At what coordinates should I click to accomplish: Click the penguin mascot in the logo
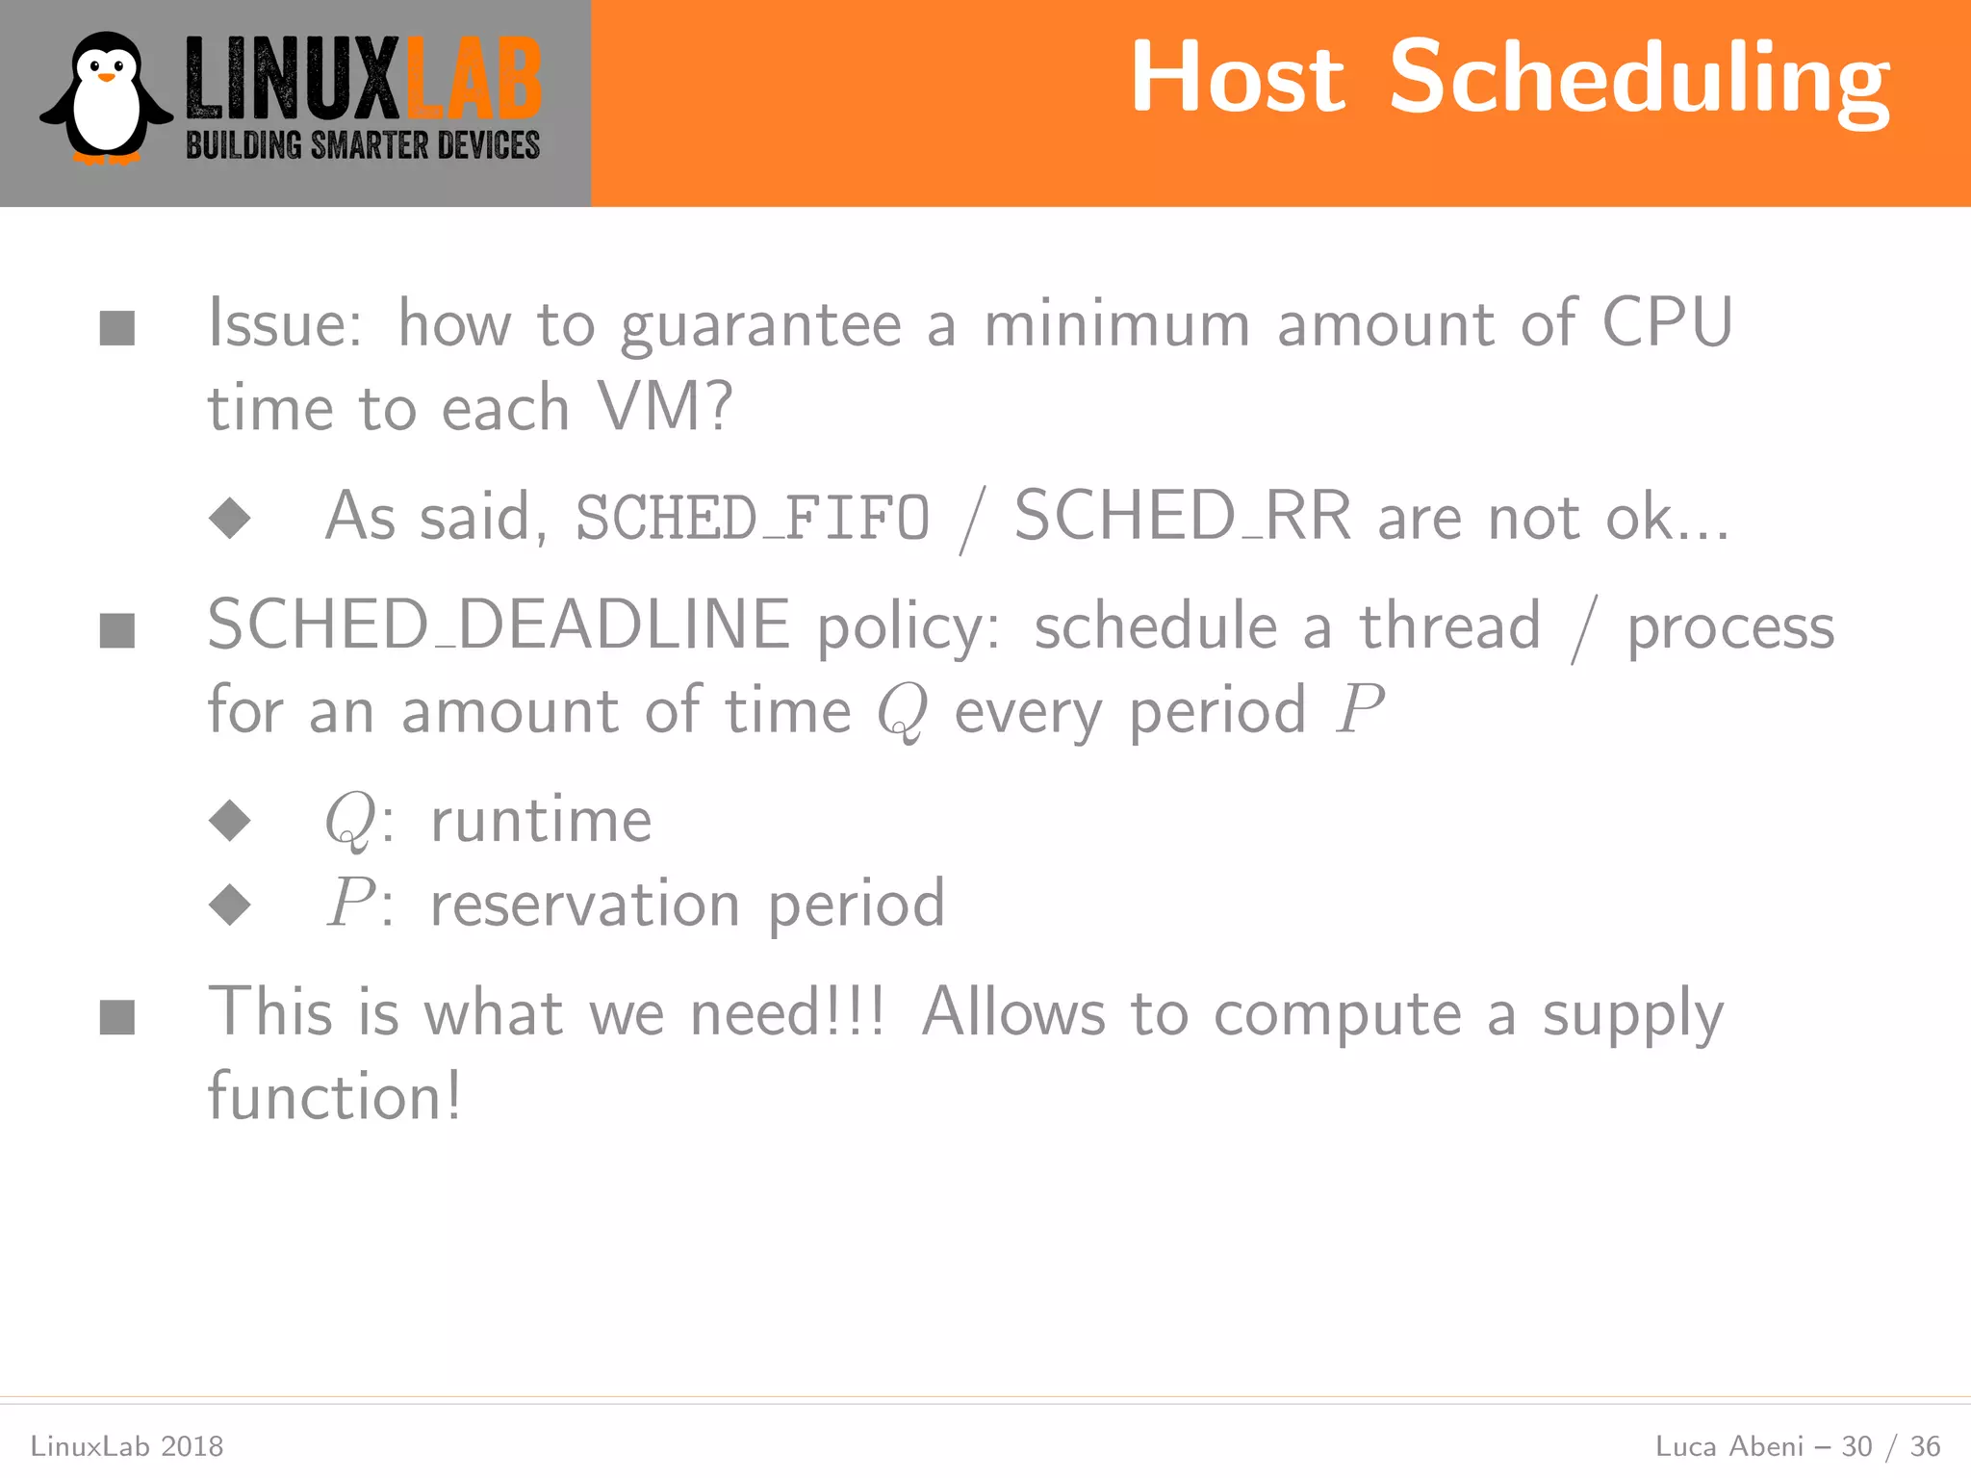106,98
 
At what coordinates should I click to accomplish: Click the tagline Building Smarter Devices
362,145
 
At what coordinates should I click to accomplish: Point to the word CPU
1667,322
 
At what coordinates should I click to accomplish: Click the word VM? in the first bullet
664,407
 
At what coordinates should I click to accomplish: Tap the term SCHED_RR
1183,517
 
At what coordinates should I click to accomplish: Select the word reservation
584,905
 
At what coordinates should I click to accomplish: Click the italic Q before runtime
348,821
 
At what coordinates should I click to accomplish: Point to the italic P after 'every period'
1359,710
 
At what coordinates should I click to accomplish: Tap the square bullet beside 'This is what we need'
117,1016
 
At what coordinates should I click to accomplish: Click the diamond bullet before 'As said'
230,518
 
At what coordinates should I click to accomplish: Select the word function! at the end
335,1097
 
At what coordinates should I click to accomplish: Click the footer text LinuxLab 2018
127,1446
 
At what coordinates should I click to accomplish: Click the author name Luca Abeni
1728,1446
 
